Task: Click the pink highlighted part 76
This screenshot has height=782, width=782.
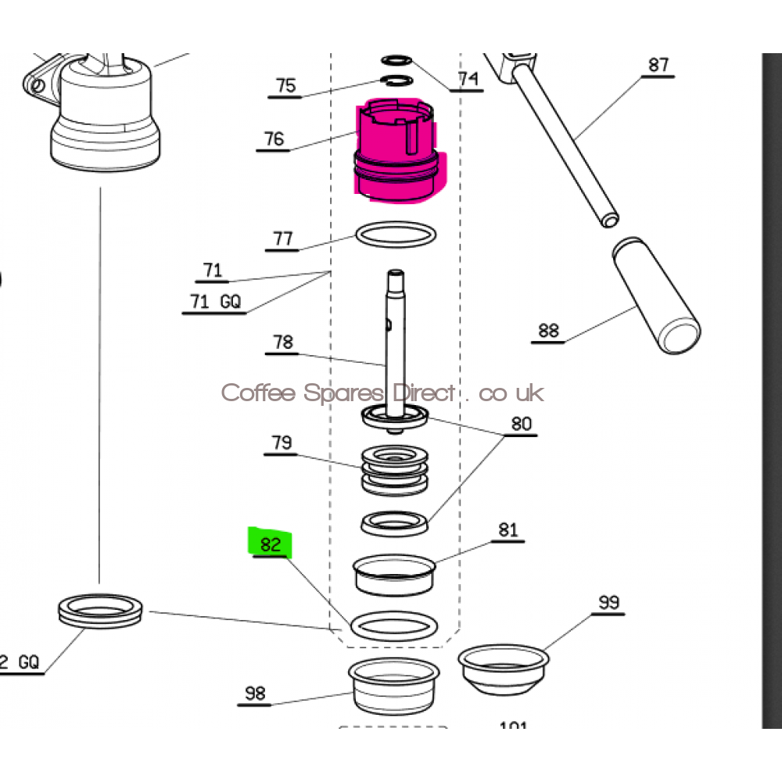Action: [x=397, y=152]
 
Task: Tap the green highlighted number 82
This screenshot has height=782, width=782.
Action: [x=270, y=543]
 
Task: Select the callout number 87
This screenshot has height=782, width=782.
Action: [x=658, y=64]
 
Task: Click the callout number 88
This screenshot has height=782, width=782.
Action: [x=549, y=330]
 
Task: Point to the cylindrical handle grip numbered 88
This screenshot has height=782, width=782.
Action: [x=655, y=296]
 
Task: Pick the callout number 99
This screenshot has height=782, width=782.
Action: [x=608, y=602]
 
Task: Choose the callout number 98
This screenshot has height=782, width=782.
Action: [x=255, y=693]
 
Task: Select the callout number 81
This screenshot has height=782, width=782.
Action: [x=508, y=529]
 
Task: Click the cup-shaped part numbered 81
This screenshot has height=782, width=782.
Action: [x=393, y=575]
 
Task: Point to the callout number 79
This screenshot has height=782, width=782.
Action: [x=282, y=443]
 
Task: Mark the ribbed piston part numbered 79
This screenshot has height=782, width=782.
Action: [x=396, y=469]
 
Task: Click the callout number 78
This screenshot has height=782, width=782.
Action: [x=282, y=342]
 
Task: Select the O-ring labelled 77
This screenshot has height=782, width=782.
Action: [x=395, y=235]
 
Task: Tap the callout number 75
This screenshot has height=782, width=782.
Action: [x=286, y=85]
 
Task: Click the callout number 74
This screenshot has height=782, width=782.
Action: [x=468, y=79]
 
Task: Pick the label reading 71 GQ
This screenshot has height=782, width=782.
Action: [x=215, y=301]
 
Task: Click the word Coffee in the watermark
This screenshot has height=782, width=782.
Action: [x=248, y=393]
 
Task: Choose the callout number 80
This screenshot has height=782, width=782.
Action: [x=521, y=424]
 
